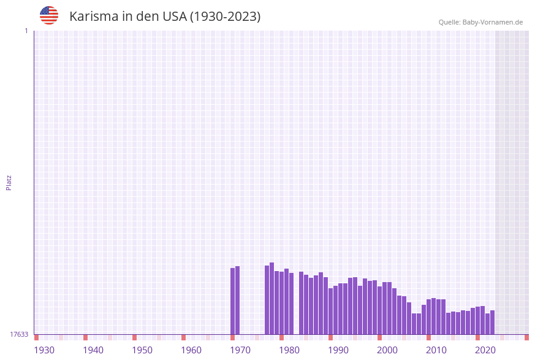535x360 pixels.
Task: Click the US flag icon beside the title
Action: pos(49,15)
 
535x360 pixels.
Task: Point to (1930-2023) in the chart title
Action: pos(225,17)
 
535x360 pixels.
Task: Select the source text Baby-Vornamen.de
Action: pos(492,22)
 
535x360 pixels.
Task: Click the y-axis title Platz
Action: pos(9,183)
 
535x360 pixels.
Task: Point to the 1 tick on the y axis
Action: pos(26,31)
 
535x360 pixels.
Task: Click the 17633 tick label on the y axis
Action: pos(19,334)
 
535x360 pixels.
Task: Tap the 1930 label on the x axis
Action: pos(44,350)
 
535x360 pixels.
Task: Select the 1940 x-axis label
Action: pos(93,350)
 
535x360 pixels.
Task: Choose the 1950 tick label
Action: pos(142,350)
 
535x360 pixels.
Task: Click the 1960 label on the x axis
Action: pos(191,350)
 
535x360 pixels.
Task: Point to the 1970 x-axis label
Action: pos(240,350)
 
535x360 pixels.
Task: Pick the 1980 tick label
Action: pos(289,350)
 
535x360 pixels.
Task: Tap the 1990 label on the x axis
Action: pos(338,350)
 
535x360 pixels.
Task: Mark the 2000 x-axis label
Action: pos(387,350)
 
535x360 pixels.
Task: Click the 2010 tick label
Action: pos(436,350)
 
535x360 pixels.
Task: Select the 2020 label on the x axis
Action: pos(485,350)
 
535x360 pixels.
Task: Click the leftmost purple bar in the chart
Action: pos(233,301)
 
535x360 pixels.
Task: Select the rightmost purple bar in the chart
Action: pos(492,323)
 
